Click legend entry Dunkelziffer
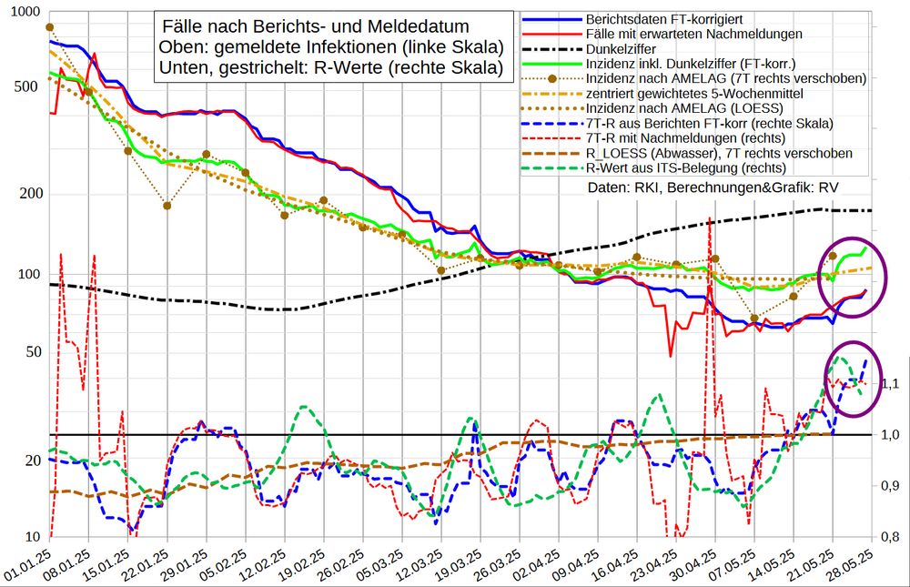(x=624, y=49)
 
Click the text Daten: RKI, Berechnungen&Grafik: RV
(x=713, y=187)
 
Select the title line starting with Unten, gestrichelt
(x=329, y=68)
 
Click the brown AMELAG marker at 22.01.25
(x=167, y=206)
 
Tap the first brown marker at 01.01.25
(x=50, y=27)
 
